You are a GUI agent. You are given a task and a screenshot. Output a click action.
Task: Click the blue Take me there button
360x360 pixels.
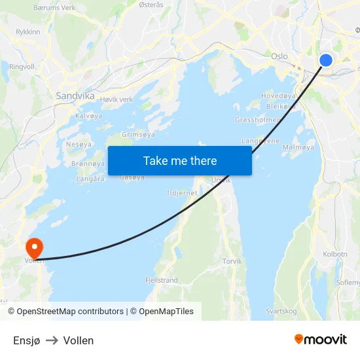(180, 160)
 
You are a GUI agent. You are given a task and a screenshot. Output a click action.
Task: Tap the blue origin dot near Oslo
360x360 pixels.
(326, 60)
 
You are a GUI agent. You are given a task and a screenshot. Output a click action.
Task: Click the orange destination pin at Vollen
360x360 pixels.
(33, 248)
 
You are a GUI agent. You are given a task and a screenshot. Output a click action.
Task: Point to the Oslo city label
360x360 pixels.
(279, 56)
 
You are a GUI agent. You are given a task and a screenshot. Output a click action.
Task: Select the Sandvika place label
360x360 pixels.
(75, 96)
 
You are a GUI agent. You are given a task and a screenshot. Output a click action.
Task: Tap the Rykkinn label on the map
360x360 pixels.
(27, 31)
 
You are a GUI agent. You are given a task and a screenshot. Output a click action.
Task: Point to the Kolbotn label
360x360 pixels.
(335, 254)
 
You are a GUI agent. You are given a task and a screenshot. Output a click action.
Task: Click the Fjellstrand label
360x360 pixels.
(161, 280)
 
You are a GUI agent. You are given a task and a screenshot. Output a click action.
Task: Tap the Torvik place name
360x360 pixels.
(232, 261)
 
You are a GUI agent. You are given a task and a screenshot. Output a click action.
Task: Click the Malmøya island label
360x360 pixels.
(298, 148)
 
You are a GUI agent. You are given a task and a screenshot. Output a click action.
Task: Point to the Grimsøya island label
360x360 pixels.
(138, 134)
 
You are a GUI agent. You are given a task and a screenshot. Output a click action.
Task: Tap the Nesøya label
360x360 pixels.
(79, 144)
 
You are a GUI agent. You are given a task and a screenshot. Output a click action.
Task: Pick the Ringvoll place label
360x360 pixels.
(22, 67)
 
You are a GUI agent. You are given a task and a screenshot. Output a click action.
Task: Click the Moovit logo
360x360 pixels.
(321, 340)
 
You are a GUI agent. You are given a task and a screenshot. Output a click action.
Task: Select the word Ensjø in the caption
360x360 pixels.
(26, 340)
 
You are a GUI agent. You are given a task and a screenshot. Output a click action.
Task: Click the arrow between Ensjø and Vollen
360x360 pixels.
(52, 340)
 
